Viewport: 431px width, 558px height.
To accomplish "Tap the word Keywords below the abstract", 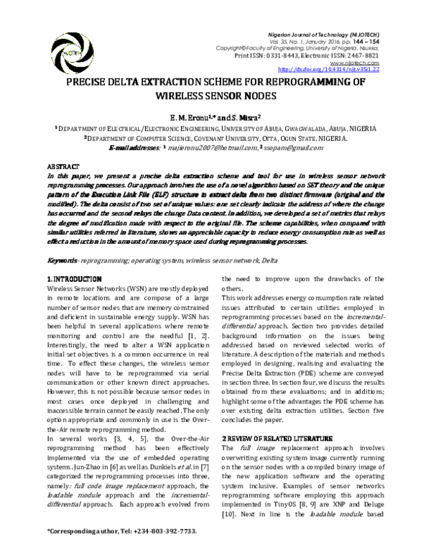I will (x=62, y=239).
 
